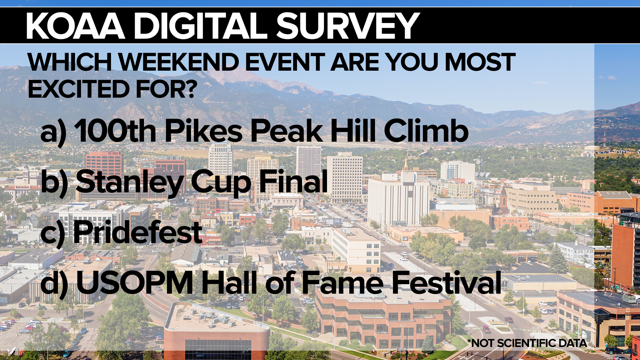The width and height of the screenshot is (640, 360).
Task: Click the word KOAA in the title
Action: tap(76, 26)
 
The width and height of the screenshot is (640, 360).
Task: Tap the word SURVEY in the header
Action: tap(348, 26)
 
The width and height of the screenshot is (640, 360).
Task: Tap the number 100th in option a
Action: tap(115, 131)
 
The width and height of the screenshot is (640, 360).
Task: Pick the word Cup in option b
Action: tap(221, 183)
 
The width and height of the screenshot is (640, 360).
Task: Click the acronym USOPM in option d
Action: tap(135, 283)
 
